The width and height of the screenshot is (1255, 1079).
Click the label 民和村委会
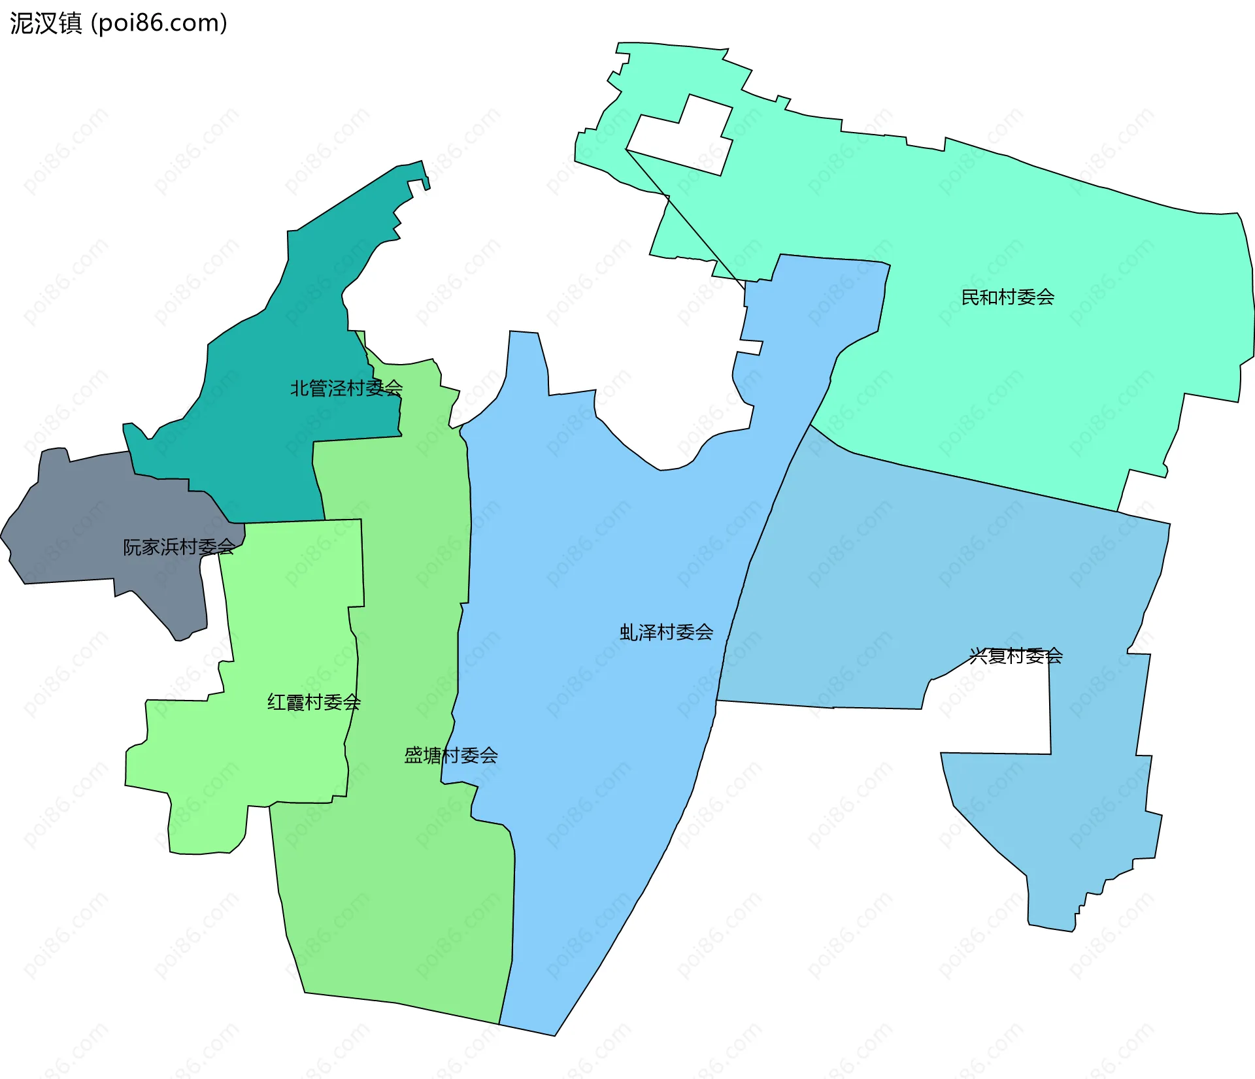click(1007, 298)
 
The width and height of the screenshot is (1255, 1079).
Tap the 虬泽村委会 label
click(666, 633)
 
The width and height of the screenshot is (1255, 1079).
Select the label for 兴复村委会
click(1016, 656)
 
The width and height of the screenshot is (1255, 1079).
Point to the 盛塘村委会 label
click(451, 756)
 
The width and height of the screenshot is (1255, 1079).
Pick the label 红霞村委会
click(314, 703)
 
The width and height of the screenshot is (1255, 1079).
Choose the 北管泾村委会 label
click(346, 389)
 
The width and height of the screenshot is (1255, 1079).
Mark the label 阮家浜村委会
click(179, 548)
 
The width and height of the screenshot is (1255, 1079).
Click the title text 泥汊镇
click(46, 24)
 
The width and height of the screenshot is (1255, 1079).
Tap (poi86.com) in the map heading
click(159, 24)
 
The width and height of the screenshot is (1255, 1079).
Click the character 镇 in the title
click(71, 24)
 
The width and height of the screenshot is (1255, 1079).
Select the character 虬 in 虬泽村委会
click(628, 633)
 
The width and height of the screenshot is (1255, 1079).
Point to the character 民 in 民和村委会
click(970, 298)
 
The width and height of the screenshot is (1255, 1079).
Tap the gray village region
click(78, 523)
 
